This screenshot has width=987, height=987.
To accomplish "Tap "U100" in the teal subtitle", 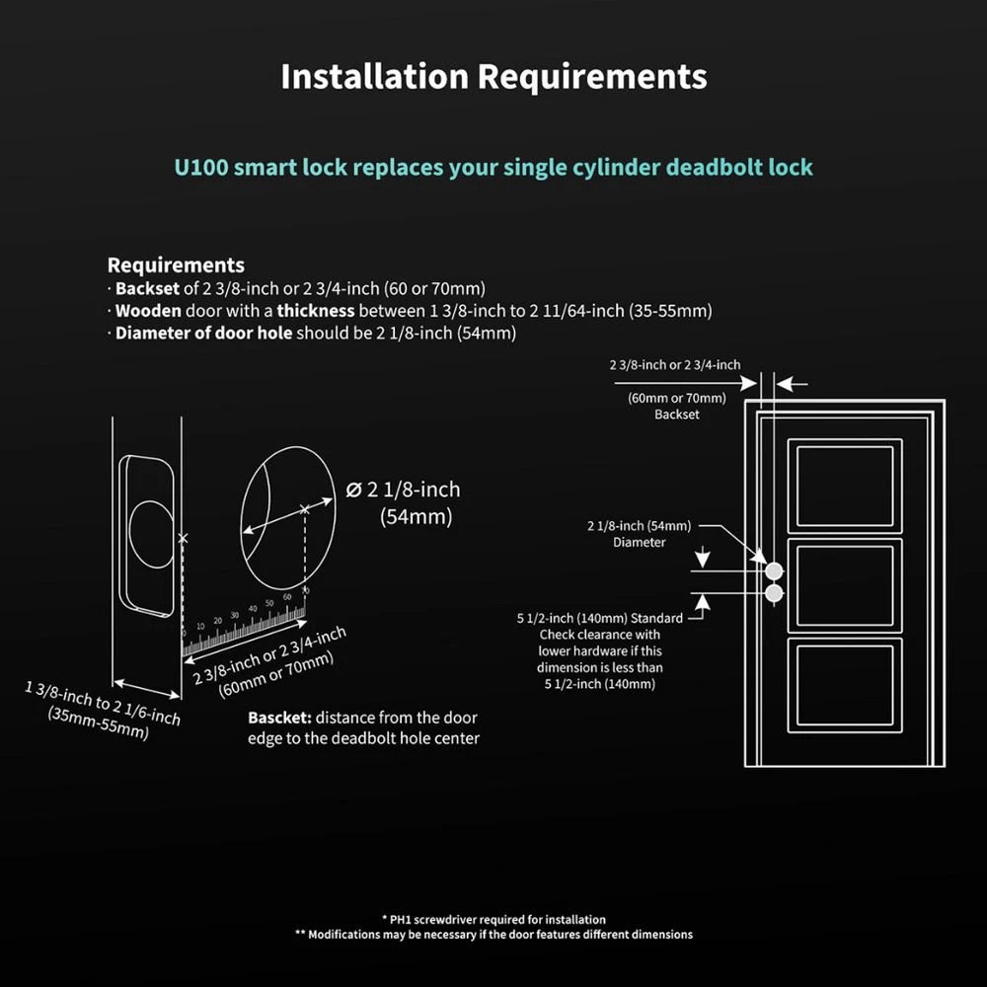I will pyautogui.click(x=204, y=167).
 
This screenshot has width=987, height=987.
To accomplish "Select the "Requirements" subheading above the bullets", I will pyautogui.click(x=176, y=266).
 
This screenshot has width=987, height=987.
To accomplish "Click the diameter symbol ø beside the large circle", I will pyautogui.click(x=353, y=489).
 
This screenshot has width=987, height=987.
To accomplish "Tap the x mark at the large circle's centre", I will pyautogui.click(x=304, y=509).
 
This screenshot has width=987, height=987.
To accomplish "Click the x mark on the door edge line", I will pyautogui.click(x=182, y=539).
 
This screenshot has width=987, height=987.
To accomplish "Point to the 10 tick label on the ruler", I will pyautogui.click(x=200, y=627).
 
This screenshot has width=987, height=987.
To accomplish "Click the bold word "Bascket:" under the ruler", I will pyautogui.click(x=279, y=718).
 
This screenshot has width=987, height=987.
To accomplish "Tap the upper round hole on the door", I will pyautogui.click(x=774, y=570).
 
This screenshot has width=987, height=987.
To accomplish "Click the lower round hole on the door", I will pyautogui.click(x=774, y=593).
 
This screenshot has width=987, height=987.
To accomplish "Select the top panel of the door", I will pyautogui.click(x=844, y=486).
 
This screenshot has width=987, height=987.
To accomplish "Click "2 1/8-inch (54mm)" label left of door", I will pyautogui.click(x=640, y=525).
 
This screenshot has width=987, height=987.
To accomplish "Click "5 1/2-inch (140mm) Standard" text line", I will pyautogui.click(x=600, y=619).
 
